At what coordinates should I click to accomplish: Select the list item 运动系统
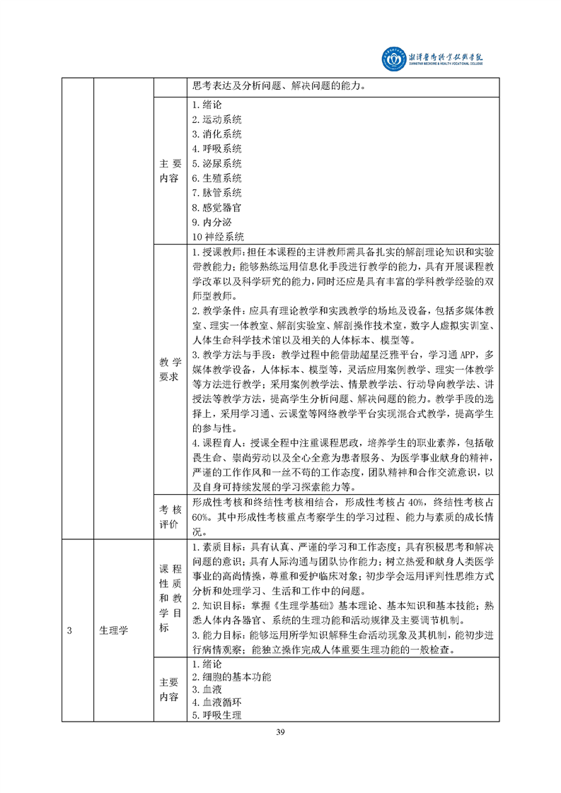217,119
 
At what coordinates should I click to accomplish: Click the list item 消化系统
217,134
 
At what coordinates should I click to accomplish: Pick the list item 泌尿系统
217,163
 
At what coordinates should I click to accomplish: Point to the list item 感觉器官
217,207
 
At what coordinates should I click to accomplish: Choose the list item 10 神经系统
218,237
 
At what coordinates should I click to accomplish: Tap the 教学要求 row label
170,369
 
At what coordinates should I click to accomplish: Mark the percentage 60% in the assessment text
202,517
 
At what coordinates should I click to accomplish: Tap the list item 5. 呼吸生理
217,715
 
